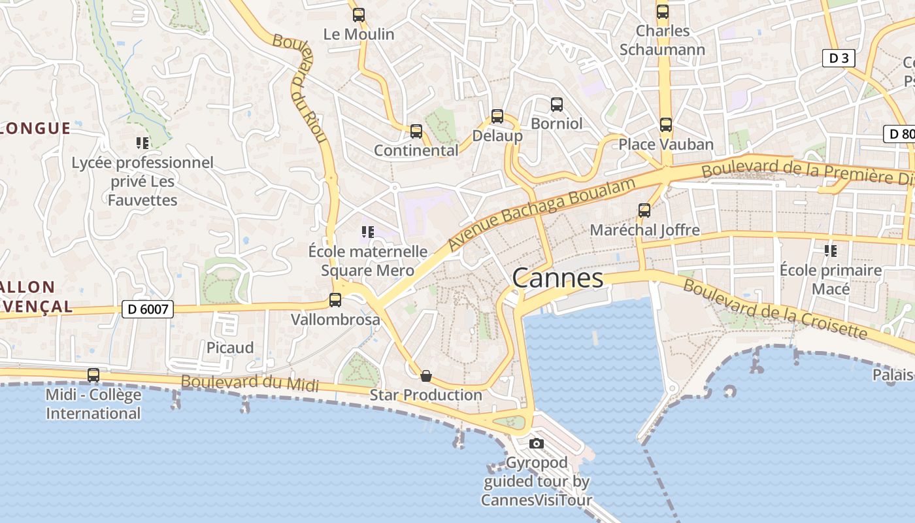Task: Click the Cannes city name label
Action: [x=557, y=278]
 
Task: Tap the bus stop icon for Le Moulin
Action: [x=358, y=14]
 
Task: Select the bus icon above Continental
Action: [x=416, y=131]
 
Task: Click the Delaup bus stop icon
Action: [x=497, y=116]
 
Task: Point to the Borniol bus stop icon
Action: [x=557, y=104]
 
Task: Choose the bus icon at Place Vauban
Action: [x=666, y=124]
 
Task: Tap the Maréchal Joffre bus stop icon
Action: [x=644, y=211]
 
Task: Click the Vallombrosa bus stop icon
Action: [x=335, y=300]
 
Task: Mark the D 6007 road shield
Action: [x=148, y=309]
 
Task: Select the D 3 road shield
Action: [x=839, y=58]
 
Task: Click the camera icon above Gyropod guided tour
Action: [x=537, y=443]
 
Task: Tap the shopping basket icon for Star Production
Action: [x=426, y=375]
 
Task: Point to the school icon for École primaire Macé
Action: [x=831, y=250]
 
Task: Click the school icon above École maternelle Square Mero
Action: [x=367, y=231]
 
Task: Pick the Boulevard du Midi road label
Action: [x=250, y=383]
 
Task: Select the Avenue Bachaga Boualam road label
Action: [x=542, y=214]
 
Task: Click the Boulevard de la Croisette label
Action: [x=774, y=310]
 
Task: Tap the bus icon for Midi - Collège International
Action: [x=93, y=375]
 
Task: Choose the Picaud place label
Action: [x=230, y=348]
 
